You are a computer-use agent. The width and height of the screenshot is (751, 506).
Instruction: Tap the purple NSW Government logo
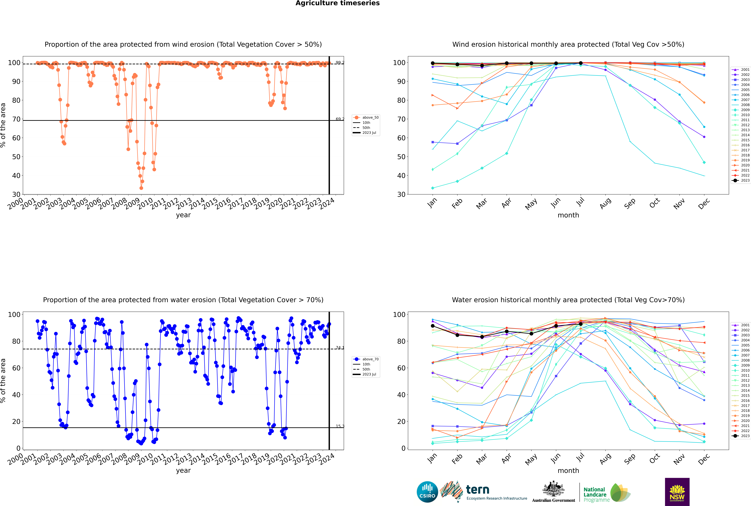[x=677, y=492]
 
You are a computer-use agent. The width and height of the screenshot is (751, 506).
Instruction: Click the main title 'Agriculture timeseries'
[x=337, y=3]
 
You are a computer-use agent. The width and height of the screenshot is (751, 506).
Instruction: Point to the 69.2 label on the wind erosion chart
[x=340, y=119]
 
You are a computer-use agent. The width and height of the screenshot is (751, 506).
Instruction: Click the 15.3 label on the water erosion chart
[x=340, y=426]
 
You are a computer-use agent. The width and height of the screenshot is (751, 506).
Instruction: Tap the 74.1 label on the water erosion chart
[x=340, y=348]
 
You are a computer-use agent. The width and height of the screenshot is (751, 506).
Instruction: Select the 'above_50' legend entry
[x=370, y=117]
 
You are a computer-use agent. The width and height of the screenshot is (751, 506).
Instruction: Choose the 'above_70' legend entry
[x=370, y=359]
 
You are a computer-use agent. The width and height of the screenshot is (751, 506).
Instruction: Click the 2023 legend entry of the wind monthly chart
[x=745, y=180]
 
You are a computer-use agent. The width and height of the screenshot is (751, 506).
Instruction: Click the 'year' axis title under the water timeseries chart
[x=183, y=471]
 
